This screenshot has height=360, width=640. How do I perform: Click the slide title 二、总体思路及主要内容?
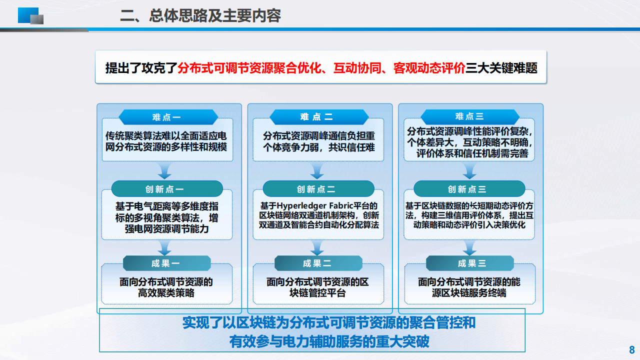point(200,15)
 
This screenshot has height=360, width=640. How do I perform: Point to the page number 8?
point(631,349)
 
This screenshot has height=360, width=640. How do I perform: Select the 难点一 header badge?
point(166,117)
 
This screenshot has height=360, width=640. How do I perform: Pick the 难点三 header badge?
point(469,116)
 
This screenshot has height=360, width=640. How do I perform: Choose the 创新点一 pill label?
point(166,189)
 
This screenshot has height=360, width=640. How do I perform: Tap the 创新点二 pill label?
point(318,189)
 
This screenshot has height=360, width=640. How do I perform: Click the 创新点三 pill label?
point(469,189)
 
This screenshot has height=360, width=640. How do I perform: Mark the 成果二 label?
point(318,263)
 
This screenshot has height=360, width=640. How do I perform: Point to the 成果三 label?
point(469,263)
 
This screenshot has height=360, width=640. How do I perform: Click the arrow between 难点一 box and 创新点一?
point(164,171)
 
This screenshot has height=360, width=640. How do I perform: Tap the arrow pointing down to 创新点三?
point(469,171)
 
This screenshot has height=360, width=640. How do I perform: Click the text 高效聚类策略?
point(166,293)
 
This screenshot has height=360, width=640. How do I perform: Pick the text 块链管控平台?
point(317,293)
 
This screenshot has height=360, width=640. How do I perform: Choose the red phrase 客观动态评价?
point(429,68)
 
